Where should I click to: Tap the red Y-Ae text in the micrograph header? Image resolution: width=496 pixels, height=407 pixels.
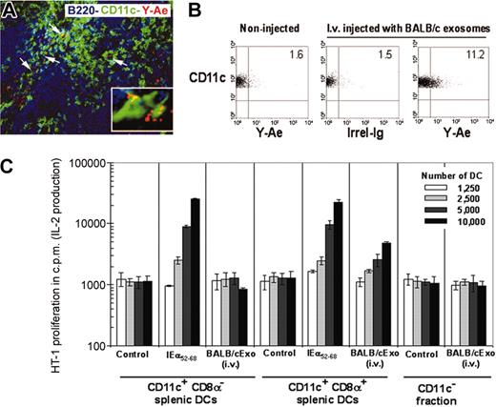[141, 12]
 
